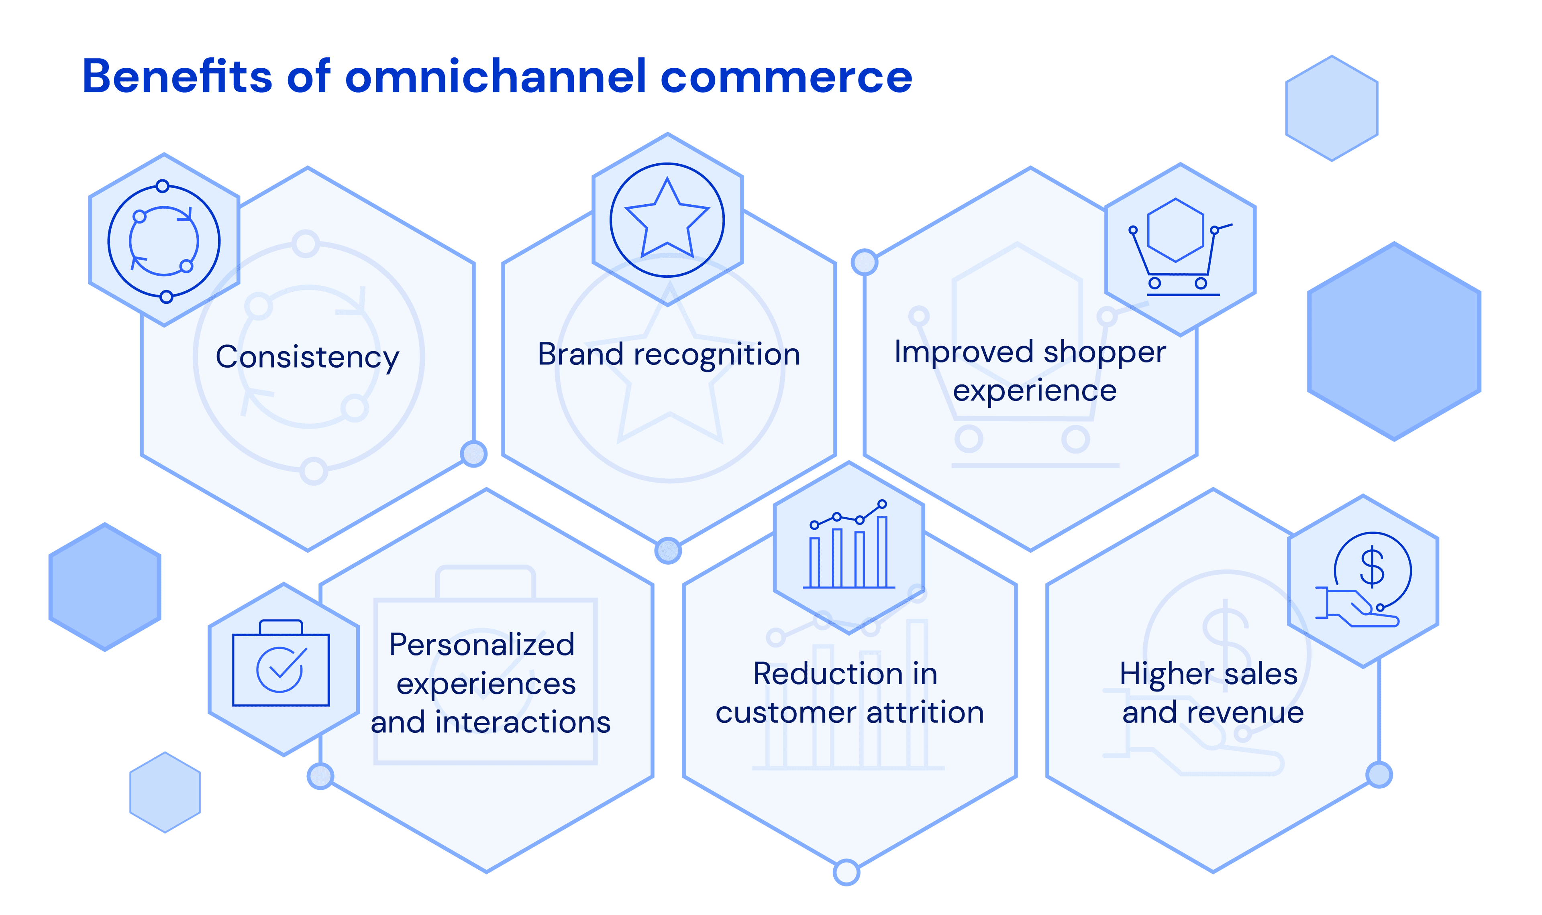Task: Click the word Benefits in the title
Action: [x=177, y=77]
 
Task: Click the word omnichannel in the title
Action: [x=496, y=77]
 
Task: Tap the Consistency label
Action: [x=307, y=358]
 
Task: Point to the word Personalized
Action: [x=482, y=645]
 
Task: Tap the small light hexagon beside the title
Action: [x=1331, y=108]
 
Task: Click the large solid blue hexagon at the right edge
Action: [x=1393, y=342]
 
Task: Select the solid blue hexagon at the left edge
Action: [x=105, y=587]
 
